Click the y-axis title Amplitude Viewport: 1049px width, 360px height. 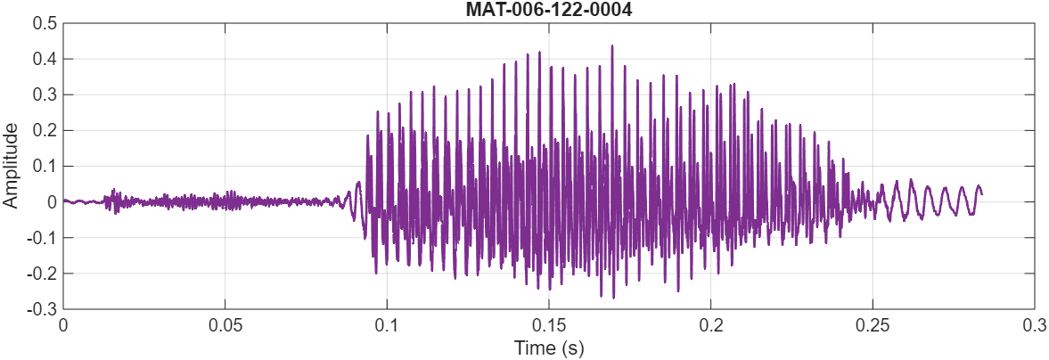12,167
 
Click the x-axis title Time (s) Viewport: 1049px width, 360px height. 548,347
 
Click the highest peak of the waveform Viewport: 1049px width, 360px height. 612,45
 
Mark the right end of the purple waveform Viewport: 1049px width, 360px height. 981,193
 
